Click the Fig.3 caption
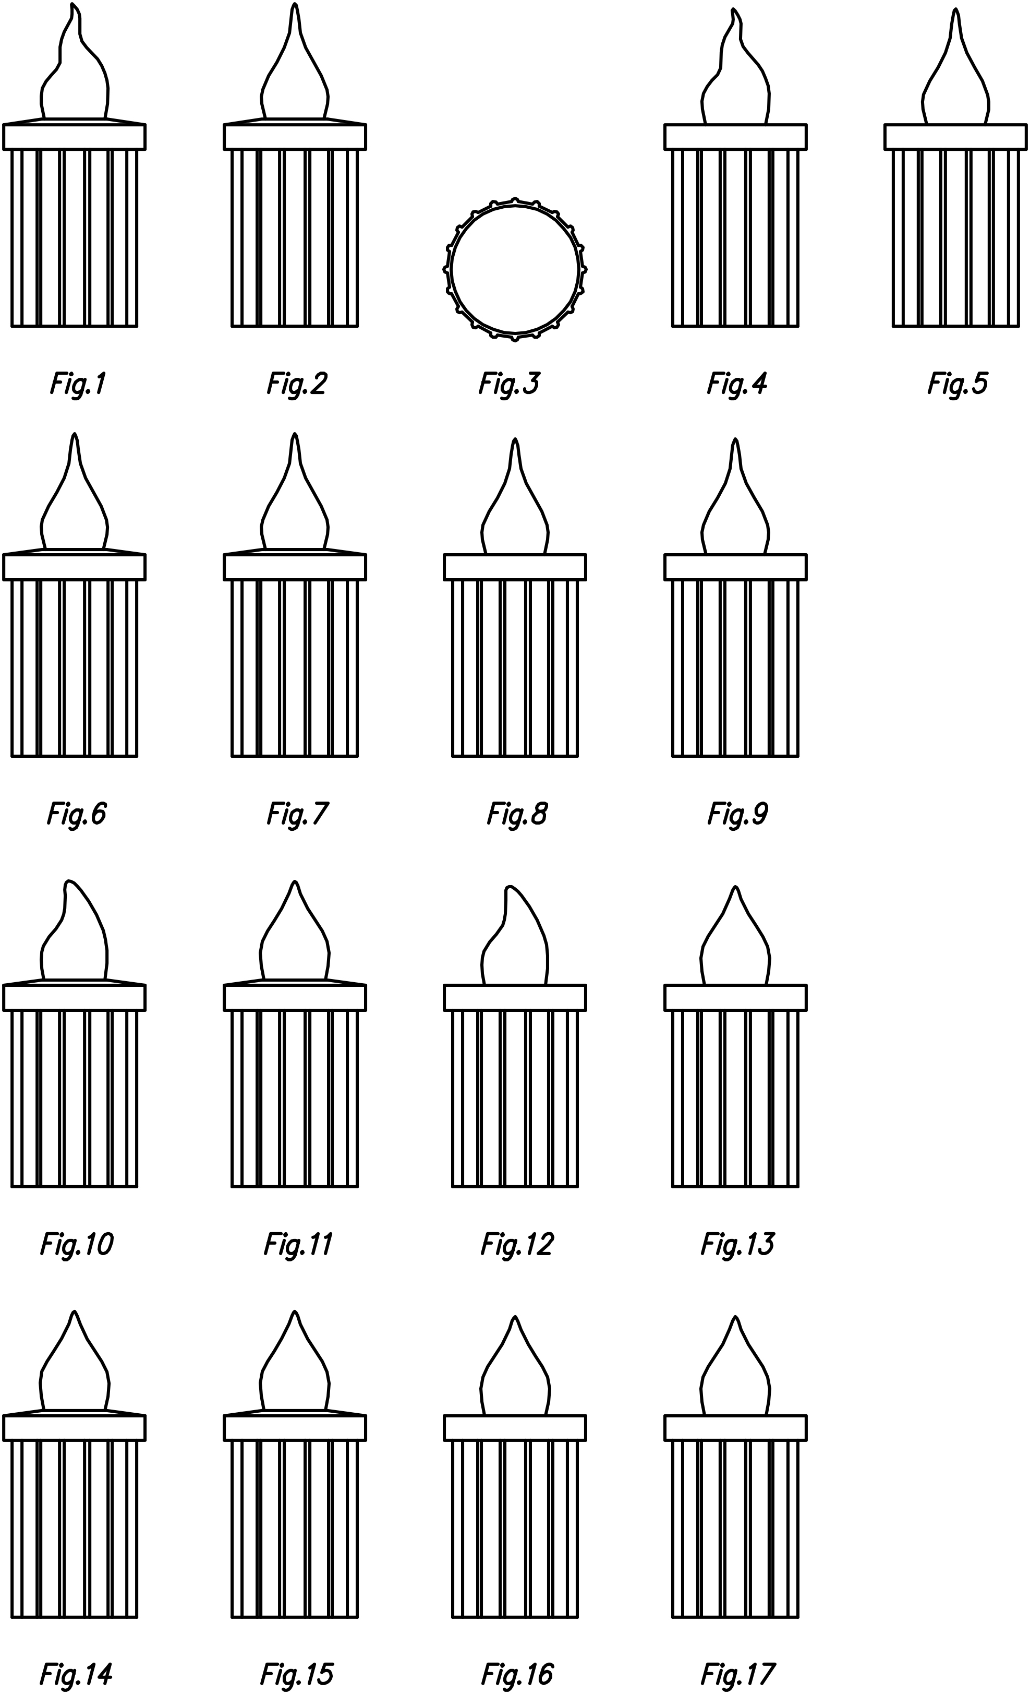509,384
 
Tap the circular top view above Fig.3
515,269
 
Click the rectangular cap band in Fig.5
955,137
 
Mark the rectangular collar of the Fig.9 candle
735,567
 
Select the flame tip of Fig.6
74,440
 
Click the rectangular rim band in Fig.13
735,998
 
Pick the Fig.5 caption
957,384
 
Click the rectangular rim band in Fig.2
295,137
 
